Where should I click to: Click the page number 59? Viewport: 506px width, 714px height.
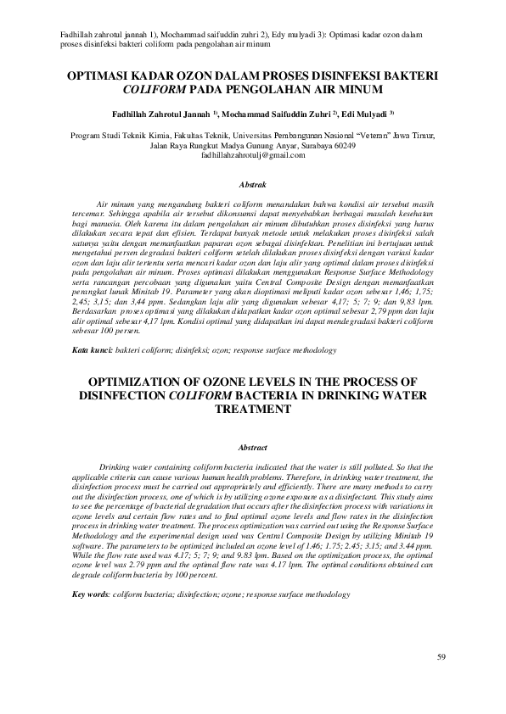tap(441, 657)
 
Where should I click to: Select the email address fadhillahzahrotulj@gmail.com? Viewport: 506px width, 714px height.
tap(253, 156)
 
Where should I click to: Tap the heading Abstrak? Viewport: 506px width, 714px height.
tap(253, 183)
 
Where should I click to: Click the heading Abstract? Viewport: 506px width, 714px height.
tap(253, 447)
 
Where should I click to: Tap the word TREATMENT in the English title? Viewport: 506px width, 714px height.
tap(253, 409)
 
